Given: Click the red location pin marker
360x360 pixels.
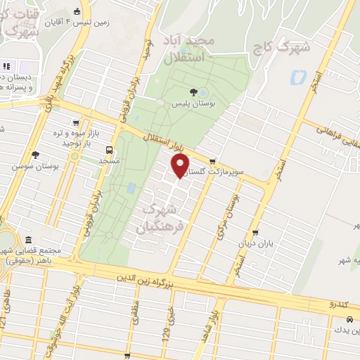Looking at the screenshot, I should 181,165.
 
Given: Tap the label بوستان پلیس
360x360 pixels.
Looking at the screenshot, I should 194,103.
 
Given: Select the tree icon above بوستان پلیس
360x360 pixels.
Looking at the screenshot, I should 194,91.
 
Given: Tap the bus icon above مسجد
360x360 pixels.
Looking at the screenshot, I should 109,150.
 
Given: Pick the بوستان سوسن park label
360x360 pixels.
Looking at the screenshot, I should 35,167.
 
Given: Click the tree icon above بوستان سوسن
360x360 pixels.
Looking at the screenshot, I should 35,155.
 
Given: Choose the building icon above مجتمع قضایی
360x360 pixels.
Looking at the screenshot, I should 28,240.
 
